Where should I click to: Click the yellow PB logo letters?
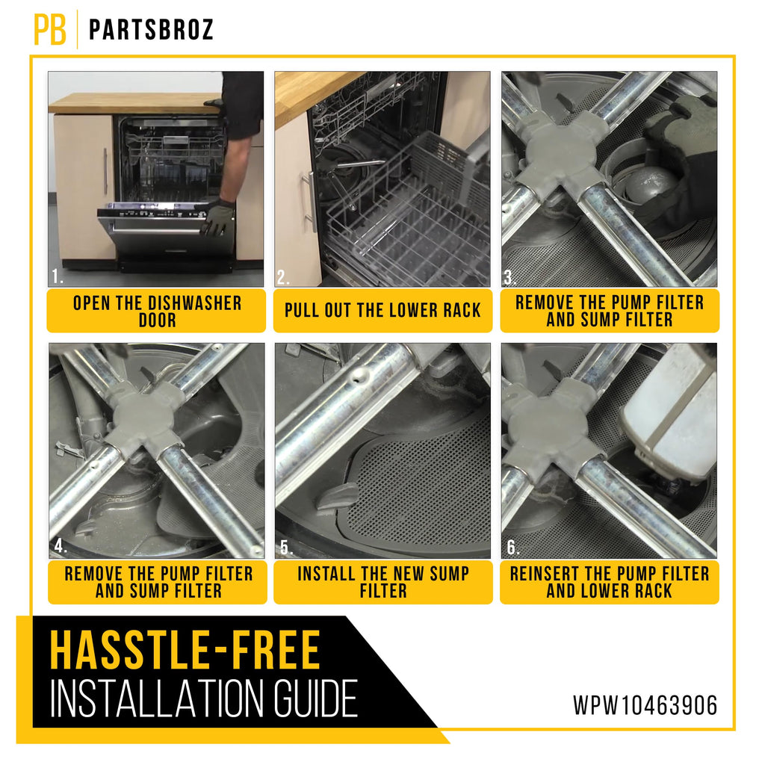[50, 29]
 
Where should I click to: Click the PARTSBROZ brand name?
[151, 30]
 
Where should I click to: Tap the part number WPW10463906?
[645, 705]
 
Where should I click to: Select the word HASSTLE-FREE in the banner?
[185, 651]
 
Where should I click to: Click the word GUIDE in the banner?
[315, 699]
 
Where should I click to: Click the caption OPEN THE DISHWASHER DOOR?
[157, 312]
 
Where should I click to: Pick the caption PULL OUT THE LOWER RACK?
[382, 310]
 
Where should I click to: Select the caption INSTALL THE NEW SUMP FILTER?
[383, 581]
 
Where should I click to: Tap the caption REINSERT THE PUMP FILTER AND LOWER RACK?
[610, 581]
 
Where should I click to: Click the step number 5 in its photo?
[286, 548]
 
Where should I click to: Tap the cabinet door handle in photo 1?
[105, 171]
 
